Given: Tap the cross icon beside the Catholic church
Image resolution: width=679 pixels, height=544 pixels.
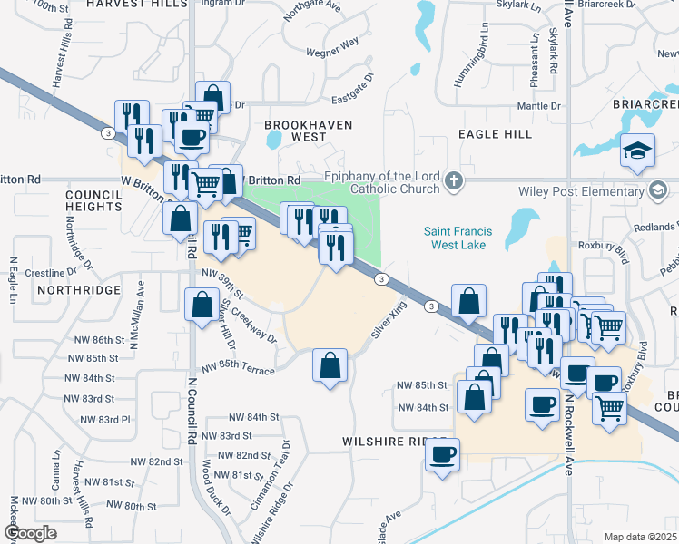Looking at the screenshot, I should [x=454, y=182].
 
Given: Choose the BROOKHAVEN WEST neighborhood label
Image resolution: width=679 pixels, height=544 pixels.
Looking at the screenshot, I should [x=295, y=131].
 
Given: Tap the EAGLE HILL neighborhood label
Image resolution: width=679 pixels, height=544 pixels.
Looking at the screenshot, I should [x=495, y=134].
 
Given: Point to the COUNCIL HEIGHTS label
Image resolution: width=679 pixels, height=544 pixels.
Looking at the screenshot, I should [x=93, y=200].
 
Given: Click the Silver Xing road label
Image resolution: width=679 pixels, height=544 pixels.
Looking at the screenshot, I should [x=387, y=322].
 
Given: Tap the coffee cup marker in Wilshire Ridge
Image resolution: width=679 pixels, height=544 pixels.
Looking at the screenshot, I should [x=443, y=455].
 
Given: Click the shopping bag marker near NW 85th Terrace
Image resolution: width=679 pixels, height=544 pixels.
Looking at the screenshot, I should [x=330, y=366].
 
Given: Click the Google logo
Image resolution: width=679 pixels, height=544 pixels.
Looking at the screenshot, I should [x=30, y=533].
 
